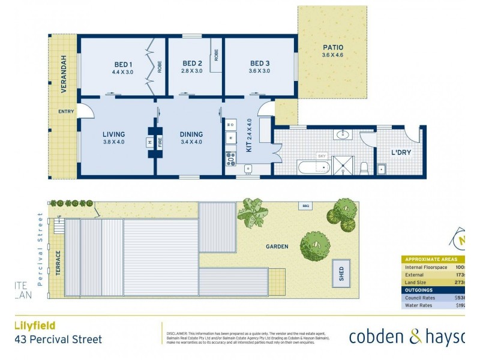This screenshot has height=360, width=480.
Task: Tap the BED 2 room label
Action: pyautogui.click(x=192, y=64)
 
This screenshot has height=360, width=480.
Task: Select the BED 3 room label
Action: pyautogui.click(x=260, y=64)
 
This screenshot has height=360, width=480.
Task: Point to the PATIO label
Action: pyautogui.click(x=332, y=47)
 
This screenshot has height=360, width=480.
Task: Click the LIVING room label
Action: pyautogui.click(x=113, y=134)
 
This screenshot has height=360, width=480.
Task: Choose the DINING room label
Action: pyautogui.click(x=191, y=134)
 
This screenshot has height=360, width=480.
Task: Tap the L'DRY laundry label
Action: pyautogui.click(x=401, y=152)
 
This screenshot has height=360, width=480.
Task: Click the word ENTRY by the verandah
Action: pyautogui.click(x=65, y=112)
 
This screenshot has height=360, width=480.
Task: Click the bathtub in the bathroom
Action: pyautogui.click(x=312, y=166)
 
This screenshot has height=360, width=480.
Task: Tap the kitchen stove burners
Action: pyautogui.click(x=231, y=159)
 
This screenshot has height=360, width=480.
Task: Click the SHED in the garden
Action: pyautogui.click(x=342, y=275)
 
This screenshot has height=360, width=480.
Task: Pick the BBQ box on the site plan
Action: pyautogui.click(x=305, y=206)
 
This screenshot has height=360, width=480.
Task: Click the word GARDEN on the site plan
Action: pyautogui.click(x=277, y=246)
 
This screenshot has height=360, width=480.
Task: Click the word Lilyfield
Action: pyautogui.click(x=35, y=326)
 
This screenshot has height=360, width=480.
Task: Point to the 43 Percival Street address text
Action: pyautogui.click(x=58, y=340)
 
